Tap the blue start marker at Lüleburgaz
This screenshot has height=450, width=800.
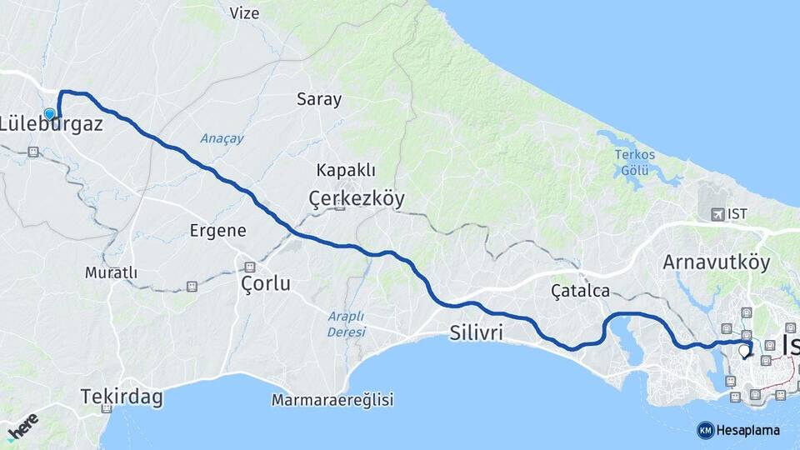point(50,114)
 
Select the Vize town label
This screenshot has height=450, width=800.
point(244,13)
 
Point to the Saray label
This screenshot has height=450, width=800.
point(319,99)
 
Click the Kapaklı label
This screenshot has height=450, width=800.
point(345,170)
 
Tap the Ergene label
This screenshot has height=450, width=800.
point(217,230)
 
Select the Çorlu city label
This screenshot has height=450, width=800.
point(265,283)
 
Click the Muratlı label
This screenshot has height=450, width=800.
point(111,272)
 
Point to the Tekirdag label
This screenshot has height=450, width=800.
point(122,397)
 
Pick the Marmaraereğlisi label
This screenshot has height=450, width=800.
point(332,400)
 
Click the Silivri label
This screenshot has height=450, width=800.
point(476,332)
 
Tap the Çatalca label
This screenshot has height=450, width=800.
point(581,291)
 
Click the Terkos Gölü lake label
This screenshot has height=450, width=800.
point(635,162)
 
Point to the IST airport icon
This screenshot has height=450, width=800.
point(717,214)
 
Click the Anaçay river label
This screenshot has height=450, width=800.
point(222,138)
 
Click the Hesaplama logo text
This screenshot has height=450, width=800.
point(748,430)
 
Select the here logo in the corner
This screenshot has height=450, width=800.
point(22,429)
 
